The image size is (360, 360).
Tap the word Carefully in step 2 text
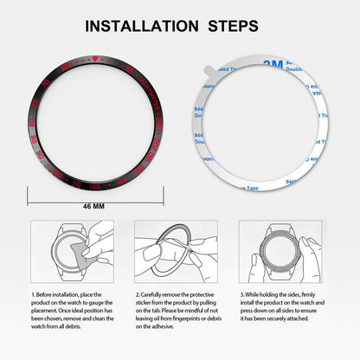click(155, 295)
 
